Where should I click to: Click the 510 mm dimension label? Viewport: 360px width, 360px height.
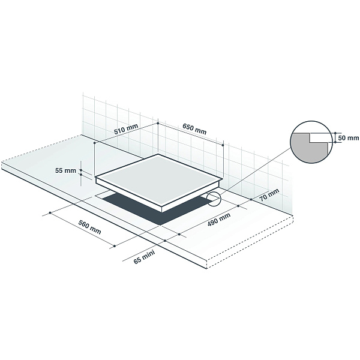[x=126, y=129]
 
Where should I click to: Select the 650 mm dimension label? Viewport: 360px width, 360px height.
[x=194, y=129]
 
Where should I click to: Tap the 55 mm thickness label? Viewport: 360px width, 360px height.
[x=65, y=170]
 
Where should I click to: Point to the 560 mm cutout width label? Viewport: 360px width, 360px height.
[x=89, y=227]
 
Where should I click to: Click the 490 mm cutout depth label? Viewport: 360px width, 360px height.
[x=219, y=220]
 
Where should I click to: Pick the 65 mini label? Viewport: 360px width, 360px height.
[x=144, y=257]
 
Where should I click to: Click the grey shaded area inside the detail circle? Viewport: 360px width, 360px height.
[x=305, y=148]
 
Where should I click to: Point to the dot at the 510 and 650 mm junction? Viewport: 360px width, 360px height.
[x=158, y=123]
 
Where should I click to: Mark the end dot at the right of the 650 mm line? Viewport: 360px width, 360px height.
[x=223, y=145]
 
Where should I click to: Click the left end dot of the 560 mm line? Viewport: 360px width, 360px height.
[x=50, y=213]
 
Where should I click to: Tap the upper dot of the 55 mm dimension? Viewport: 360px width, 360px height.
[x=81, y=170]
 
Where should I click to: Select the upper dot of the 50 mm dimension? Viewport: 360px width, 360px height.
[x=335, y=133]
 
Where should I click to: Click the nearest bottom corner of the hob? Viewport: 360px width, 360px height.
[x=162, y=212]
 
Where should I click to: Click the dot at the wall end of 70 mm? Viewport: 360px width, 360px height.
[x=251, y=199]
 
